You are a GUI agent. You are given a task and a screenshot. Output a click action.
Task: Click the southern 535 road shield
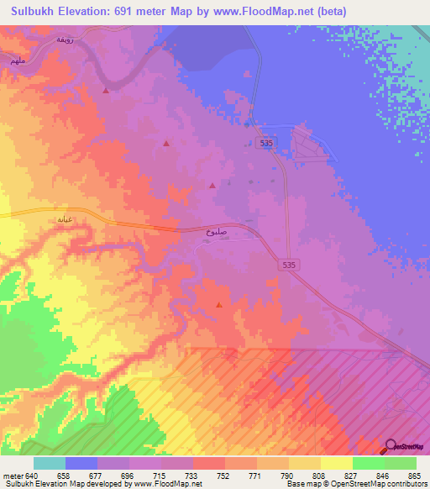[x=288, y=264]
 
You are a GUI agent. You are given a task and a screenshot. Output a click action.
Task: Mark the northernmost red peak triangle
[x=106, y=90]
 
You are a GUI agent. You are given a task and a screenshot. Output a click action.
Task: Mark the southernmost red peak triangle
[x=219, y=306]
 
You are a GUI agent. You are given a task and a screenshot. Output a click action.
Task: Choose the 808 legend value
[x=320, y=476]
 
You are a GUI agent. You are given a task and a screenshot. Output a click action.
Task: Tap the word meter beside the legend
[x=13, y=476]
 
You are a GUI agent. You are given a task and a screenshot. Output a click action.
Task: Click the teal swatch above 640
[x=50, y=463]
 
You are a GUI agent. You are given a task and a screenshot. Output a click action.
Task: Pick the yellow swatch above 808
[x=304, y=463]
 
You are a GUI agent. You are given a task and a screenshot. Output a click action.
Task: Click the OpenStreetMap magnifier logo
[x=391, y=445]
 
